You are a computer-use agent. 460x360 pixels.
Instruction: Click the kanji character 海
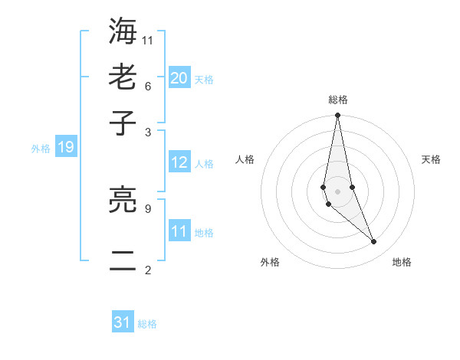(123, 31)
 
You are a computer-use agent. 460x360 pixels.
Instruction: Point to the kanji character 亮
(123, 201)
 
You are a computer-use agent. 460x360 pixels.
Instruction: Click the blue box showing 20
(179, 77)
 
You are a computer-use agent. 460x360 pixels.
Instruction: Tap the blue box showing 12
(179, 162)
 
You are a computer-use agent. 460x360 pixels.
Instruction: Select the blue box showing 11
(179, 231)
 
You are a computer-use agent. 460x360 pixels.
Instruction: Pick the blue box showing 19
(66, 147)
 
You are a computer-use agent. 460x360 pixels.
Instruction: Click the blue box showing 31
(123, 322)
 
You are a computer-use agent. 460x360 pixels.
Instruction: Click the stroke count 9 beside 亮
(148, 207)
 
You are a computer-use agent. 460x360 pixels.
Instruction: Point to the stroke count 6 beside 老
(148, 85)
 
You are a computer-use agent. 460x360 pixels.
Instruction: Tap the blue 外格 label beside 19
(40, 149)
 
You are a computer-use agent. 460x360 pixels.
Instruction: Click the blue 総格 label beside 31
(147, 324)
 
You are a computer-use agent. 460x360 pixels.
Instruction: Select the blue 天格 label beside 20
(204, 79)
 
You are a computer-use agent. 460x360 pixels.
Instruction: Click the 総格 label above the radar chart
(337, 100)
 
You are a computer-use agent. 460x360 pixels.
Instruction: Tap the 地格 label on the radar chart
(402, 262)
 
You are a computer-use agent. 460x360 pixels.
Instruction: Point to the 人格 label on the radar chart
(245, 159)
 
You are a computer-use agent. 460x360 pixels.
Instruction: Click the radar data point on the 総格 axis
(337, 116)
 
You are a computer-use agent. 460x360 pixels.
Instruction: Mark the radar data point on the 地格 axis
(374, 242)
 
